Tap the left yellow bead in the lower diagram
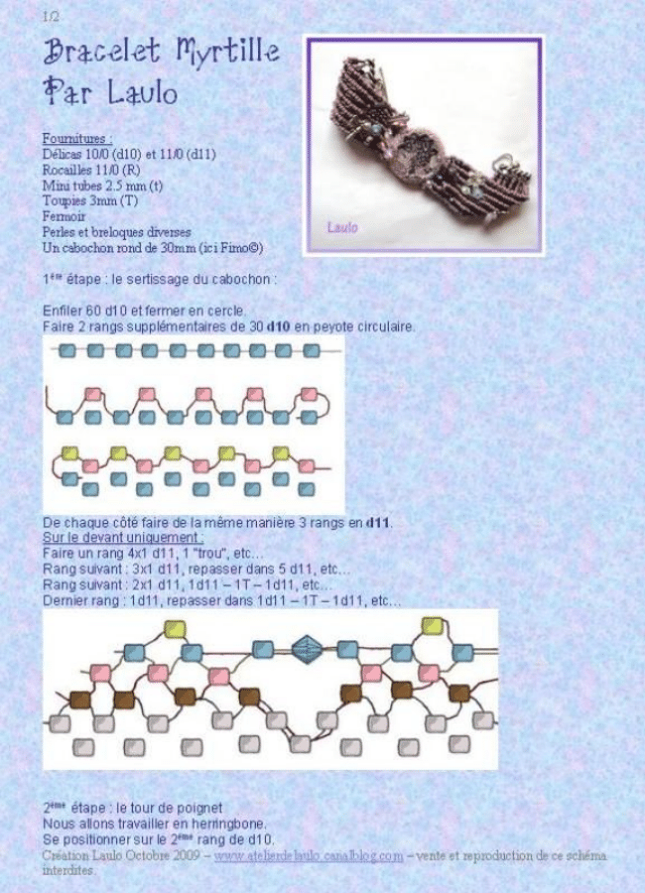pos(175,628)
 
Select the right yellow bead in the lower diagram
pos(432,625)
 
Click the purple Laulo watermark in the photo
pos(343,227)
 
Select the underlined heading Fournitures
pos(77,140)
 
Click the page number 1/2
pos(52,17)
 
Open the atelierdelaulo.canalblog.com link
pos(309,855)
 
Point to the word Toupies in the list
pos(65,200)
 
